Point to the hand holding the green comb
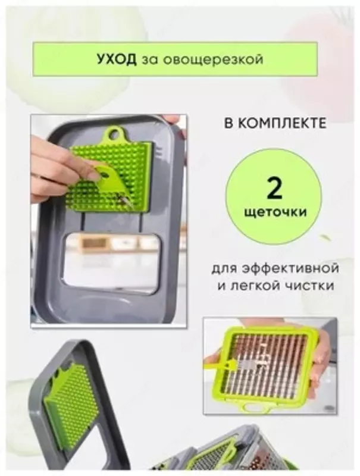[54, 167]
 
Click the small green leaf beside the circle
[325, 237]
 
